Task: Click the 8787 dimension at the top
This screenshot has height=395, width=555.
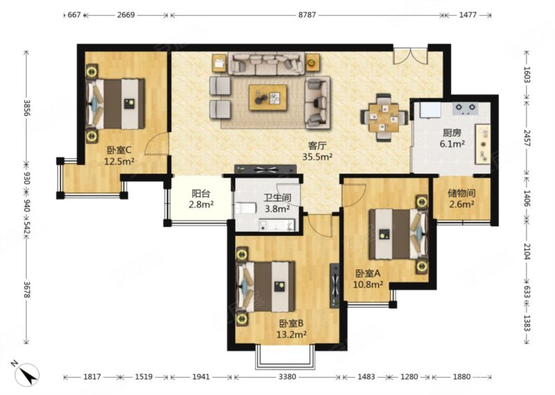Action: (x=307, y=15)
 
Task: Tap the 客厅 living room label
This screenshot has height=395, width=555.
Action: (x=317, y=146)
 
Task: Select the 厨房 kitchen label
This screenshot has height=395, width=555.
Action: (x=452, y=133)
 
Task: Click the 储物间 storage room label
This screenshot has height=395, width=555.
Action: (x=461, y=194)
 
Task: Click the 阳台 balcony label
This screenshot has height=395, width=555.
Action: (x=201, y=194)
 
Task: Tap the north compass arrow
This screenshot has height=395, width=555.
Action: (x=26, y=373)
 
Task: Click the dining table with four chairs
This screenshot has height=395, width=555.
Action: (x=384, y=117)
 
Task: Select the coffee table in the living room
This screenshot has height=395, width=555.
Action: (x=268, y=97)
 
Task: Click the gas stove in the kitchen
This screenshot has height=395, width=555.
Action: (x=466, y=108)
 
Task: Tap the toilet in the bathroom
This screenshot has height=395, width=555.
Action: (x=246, y=208)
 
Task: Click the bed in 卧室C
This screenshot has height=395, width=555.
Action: (x=115, y=104)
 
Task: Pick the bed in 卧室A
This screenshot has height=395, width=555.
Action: (x=398, y=234)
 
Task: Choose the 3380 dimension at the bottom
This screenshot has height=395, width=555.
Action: (x=287, y=377)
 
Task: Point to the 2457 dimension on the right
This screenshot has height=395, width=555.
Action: (x=527, y=138)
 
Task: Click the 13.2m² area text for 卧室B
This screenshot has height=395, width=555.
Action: (x=291, y=334)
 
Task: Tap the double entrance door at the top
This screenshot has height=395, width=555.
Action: (x=410, y=56)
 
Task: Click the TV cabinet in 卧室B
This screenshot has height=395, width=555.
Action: (x=335, y=285)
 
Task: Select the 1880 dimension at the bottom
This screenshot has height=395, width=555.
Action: (x=461, y=377)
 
